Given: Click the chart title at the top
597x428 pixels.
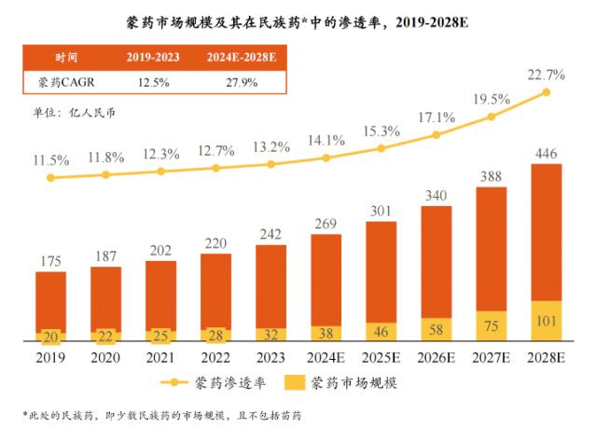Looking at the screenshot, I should tap(297, 21).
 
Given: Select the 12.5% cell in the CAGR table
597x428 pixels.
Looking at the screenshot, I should tap(151, 82).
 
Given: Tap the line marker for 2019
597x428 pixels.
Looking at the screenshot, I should tap(51, 177).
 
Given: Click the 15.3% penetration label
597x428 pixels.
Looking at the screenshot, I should tap(380, 131).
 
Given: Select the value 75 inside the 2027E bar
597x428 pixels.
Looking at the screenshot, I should tap(492, 325).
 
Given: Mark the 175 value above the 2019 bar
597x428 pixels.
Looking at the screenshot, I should tap(51, 260).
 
